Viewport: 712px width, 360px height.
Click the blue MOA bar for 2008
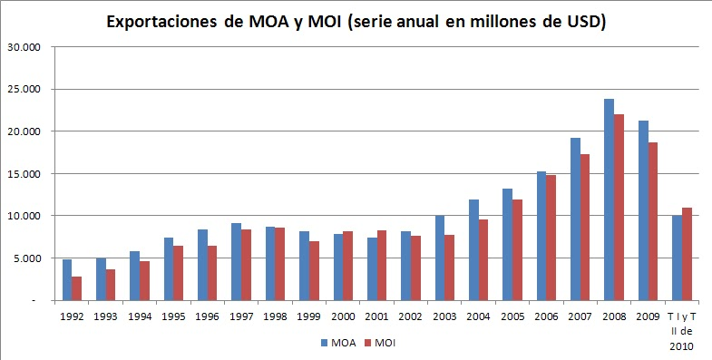(610, 199)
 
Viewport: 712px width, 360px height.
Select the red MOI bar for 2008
(619, 207)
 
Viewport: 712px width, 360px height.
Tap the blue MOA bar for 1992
(67, 279)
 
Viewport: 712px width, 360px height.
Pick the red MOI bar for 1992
(77, 288)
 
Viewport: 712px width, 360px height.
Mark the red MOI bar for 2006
(552, 238)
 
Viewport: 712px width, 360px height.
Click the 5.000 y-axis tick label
(24, 258)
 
